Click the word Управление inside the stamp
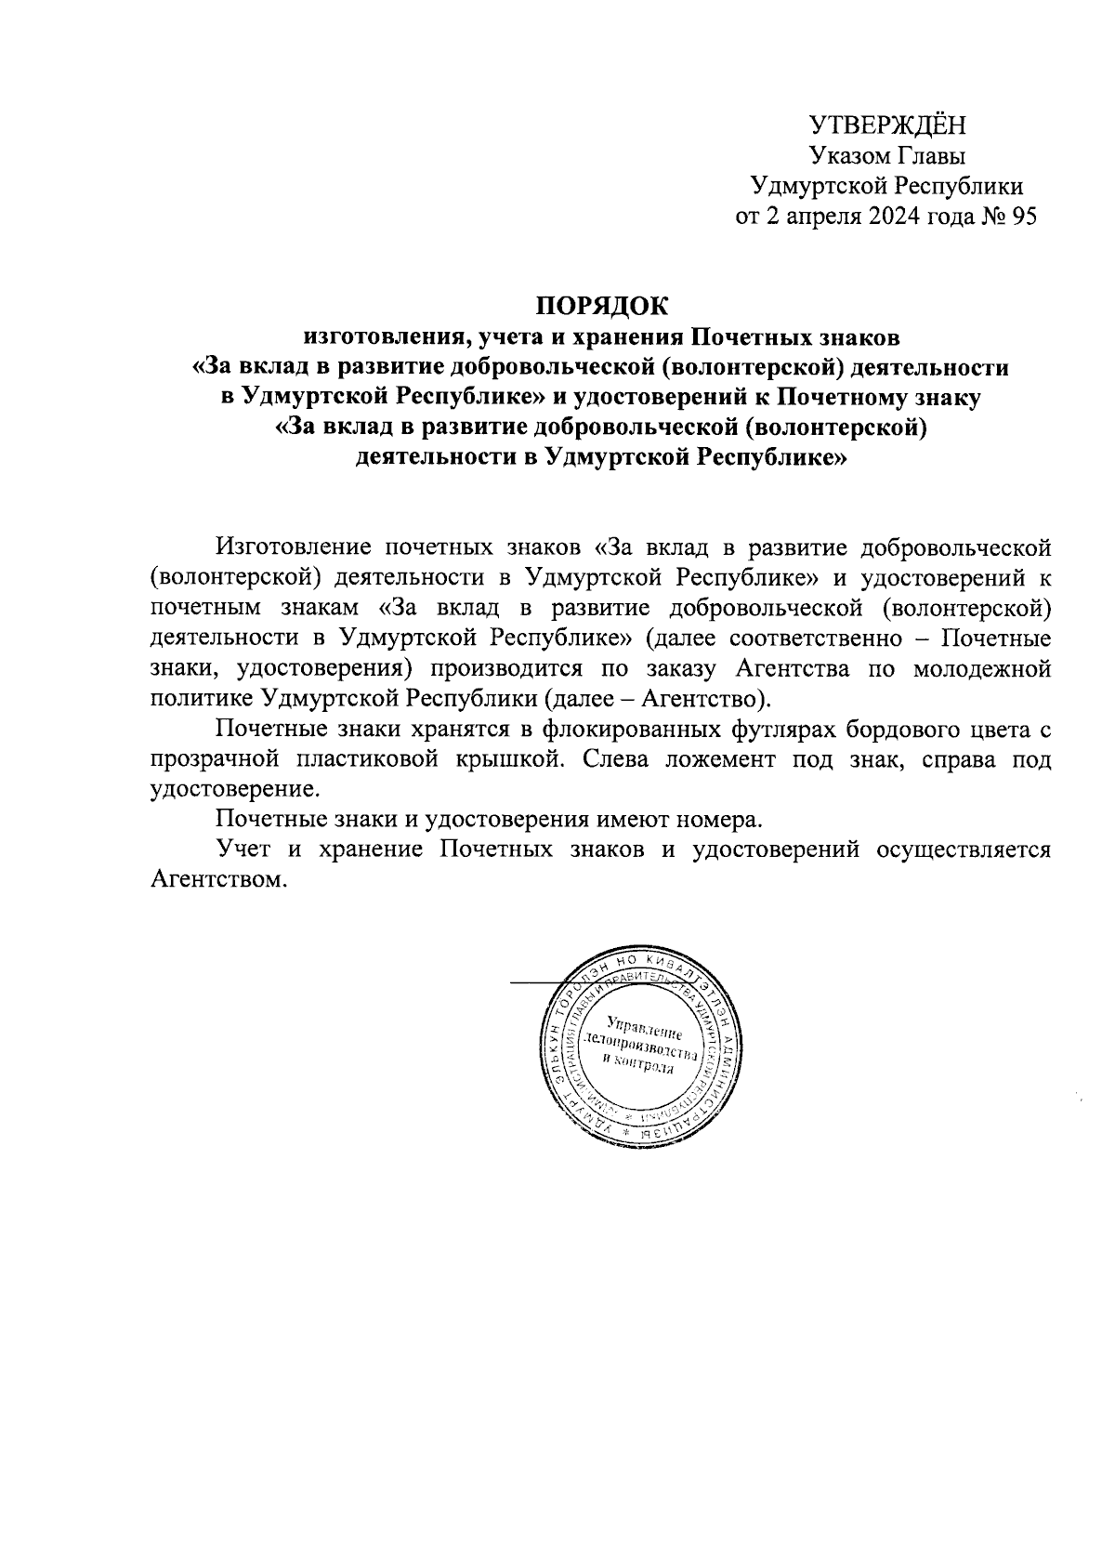tap(644, 1028)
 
